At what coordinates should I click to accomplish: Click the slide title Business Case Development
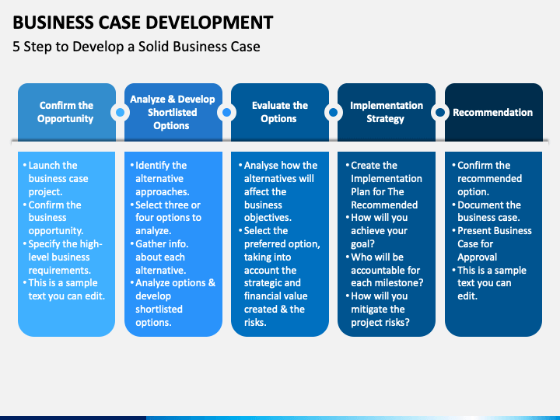click(143, 22)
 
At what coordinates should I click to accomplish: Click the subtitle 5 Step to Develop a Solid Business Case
click(136, 47)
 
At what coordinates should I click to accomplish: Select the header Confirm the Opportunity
click(66, 112)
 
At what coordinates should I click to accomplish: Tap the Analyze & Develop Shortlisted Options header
click(173, 112)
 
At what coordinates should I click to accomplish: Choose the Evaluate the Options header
click(280, 112)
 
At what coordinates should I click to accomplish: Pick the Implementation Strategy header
click(387, 112)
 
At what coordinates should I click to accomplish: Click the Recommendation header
click(493, 112)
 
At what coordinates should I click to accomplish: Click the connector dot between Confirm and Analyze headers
click(120, 113)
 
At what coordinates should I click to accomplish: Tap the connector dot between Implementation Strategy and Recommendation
click(440, 113)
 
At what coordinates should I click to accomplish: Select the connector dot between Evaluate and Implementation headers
click(333, 113)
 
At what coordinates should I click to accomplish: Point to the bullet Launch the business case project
click(55, 178)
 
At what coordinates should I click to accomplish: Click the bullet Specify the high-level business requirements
click(62, 257)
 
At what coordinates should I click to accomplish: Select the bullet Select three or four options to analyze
click(166, 218)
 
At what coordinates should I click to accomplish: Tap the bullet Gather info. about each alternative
click(159, 257)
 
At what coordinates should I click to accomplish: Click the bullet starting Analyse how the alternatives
click(278, 191)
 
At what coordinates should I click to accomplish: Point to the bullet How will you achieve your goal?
click(376, 231)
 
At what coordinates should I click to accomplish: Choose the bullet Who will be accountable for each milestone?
click(384, 270)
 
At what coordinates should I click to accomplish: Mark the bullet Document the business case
click(486, 211)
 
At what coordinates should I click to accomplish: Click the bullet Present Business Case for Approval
click(492, 243)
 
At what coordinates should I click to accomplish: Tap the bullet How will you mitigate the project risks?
click(377, 309)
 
